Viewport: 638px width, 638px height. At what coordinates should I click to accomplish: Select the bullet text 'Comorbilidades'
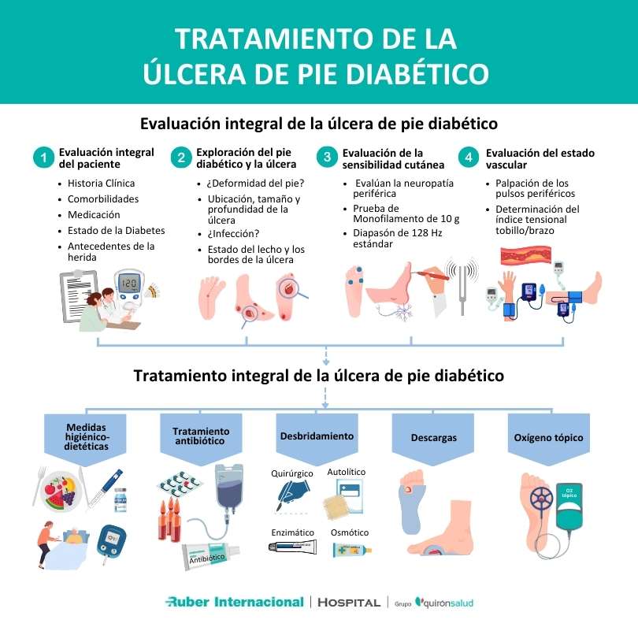pos(103,198)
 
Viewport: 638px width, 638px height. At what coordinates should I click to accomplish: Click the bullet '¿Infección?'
pos(233,233)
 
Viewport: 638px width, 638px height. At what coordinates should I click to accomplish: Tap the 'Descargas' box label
pos(433,437)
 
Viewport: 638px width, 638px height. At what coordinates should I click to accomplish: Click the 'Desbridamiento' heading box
pos(317,436)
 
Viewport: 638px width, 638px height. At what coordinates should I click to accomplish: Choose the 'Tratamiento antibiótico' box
pos(201,436)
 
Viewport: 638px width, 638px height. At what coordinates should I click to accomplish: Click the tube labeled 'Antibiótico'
pos(206,557)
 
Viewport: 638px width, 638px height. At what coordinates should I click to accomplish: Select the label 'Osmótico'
pos(351,532)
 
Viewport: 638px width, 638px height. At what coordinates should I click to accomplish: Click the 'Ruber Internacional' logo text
pos(234,602)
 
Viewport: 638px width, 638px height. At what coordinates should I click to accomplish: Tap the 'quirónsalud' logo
pos(444,603)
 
